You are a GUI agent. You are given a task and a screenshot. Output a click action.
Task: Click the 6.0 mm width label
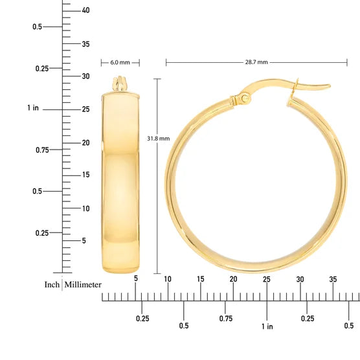[x=120, y=63]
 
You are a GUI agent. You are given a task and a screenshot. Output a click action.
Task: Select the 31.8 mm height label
[x=159, y=138]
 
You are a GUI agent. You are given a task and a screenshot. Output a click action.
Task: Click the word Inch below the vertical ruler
[x=52, y=284]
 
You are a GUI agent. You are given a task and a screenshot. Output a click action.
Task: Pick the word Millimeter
[x=83, y=284]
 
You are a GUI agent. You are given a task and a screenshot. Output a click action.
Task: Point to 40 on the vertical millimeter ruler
[x=85, y=10]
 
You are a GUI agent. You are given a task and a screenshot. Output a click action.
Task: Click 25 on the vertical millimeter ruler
[x=85, y=109]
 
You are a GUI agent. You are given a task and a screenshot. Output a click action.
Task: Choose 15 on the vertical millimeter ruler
[x=85, y=175]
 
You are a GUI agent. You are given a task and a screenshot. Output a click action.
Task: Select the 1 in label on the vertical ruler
[x=33, y=108]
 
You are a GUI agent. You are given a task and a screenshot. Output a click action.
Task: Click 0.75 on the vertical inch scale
[x=41, y=150]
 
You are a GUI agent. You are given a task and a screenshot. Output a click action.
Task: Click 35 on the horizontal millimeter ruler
[x=333, y=279]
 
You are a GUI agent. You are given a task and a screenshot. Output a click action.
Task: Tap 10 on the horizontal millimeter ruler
[x=168, y=279]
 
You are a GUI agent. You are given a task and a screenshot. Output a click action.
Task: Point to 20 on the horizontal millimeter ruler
[x=234, y=279]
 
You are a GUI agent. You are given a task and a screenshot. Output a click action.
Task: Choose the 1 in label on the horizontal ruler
[x=267, y=326]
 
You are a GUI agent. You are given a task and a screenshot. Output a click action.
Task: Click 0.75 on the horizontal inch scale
[x=225, y=318]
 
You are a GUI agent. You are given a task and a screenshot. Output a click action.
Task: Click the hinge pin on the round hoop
[x=245, y=98]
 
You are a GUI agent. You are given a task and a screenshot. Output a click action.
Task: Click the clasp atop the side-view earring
[x=120, y=85]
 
